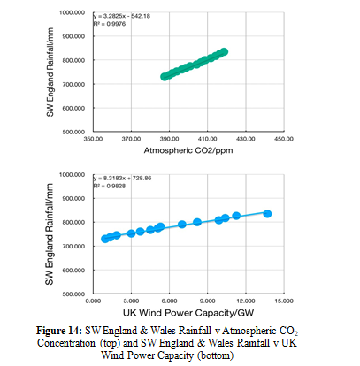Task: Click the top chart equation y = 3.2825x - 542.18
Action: (122, 16)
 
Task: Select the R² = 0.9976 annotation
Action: (110, 24)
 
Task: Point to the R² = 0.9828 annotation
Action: (110, 186)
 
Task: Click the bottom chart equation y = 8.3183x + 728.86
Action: (123, 179)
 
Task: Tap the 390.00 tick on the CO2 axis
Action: (169, 139)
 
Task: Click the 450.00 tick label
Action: (284, 139)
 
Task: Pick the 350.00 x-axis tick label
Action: (93, 139)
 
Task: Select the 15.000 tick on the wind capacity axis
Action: (284, 301)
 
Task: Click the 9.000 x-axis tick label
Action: (207, 301)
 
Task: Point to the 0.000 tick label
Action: (93, 301)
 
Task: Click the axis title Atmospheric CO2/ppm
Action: (188, 150)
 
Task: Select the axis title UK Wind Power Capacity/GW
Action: (188, 313)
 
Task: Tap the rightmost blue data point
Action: (267, 214)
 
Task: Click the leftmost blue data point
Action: (105, 239)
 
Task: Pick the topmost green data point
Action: (225, 52)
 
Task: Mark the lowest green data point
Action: (165, 77)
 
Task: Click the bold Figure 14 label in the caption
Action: (59, 331)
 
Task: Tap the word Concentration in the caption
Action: (66, 343)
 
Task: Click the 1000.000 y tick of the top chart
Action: (72, 12)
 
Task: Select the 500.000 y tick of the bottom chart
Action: (73, 294)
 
